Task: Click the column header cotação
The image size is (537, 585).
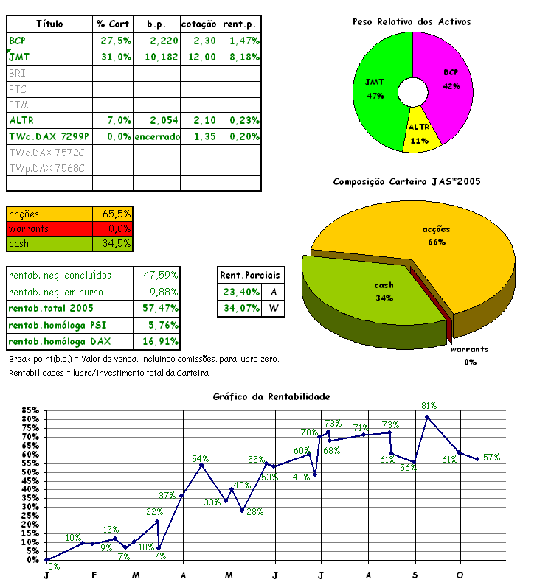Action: coord(199,24)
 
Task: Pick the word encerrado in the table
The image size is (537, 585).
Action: coord(156,136)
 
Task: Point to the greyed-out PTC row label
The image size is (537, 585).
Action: coord(18,89)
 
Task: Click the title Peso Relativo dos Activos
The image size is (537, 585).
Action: coord(411,23)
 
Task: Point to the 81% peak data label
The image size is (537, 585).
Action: coord(429,405)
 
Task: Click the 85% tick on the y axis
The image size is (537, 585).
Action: coord(30,410)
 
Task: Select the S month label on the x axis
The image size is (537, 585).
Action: coord(415,575)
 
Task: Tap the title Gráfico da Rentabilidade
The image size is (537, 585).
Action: coord(271,396)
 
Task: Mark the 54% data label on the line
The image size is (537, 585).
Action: coord(201,459)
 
